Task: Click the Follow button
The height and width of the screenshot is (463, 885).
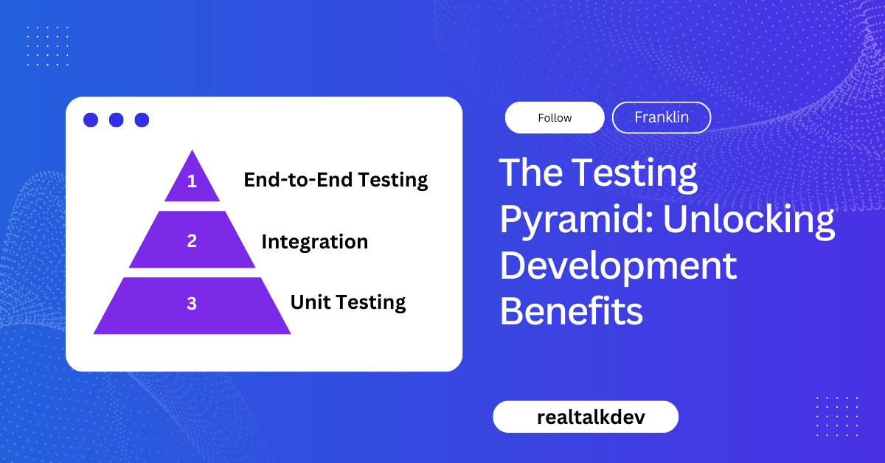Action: coord(555,118)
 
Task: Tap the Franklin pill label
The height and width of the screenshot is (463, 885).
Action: coord(661,117)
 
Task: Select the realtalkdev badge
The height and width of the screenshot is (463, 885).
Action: coord(585,417)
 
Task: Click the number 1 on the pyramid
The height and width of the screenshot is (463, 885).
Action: coord(192,181)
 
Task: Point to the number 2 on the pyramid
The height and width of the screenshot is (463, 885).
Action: coord(192,240)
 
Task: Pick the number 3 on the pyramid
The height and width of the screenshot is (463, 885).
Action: coord(192,303)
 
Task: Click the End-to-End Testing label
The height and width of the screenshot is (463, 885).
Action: coord(336,179)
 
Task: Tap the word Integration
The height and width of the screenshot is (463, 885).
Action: coord(314,241)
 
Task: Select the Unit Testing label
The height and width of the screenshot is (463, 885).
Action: coord(347,302)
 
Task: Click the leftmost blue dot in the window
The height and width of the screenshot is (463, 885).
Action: coord(91,119)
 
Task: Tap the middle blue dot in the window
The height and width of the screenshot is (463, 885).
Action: coord(116,119)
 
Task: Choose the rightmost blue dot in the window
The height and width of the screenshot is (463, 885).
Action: coord(142,119)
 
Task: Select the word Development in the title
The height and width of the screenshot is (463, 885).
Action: coord(618,265)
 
